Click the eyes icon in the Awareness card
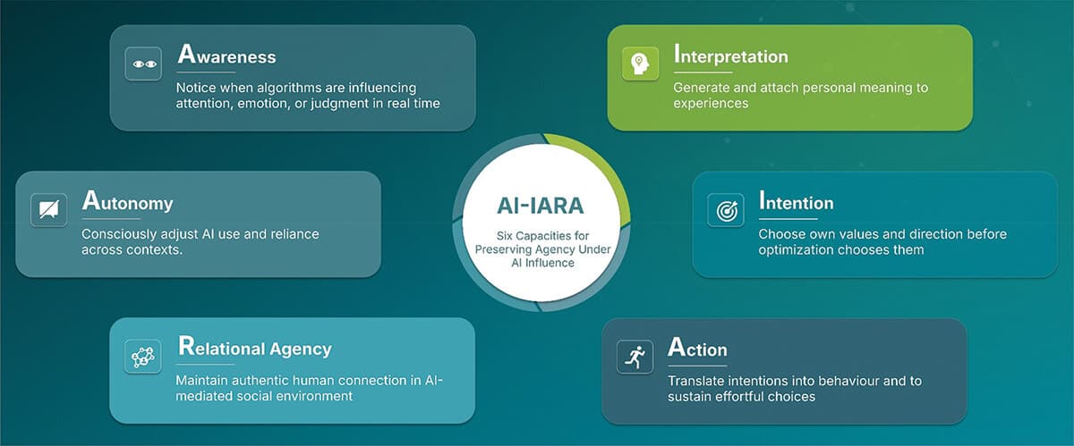(x=143, y=64)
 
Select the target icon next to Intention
(x=725, y=210)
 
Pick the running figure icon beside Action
(x=635, y=357)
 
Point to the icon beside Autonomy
(x=48, y=210)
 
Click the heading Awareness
(x=226, y=55)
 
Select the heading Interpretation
(x=730, y=55)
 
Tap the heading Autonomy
(x=127, y=202)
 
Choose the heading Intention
(x=796, y=202)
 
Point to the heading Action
(x=697, y=348)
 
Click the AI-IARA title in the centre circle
(x=540, y=206)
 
